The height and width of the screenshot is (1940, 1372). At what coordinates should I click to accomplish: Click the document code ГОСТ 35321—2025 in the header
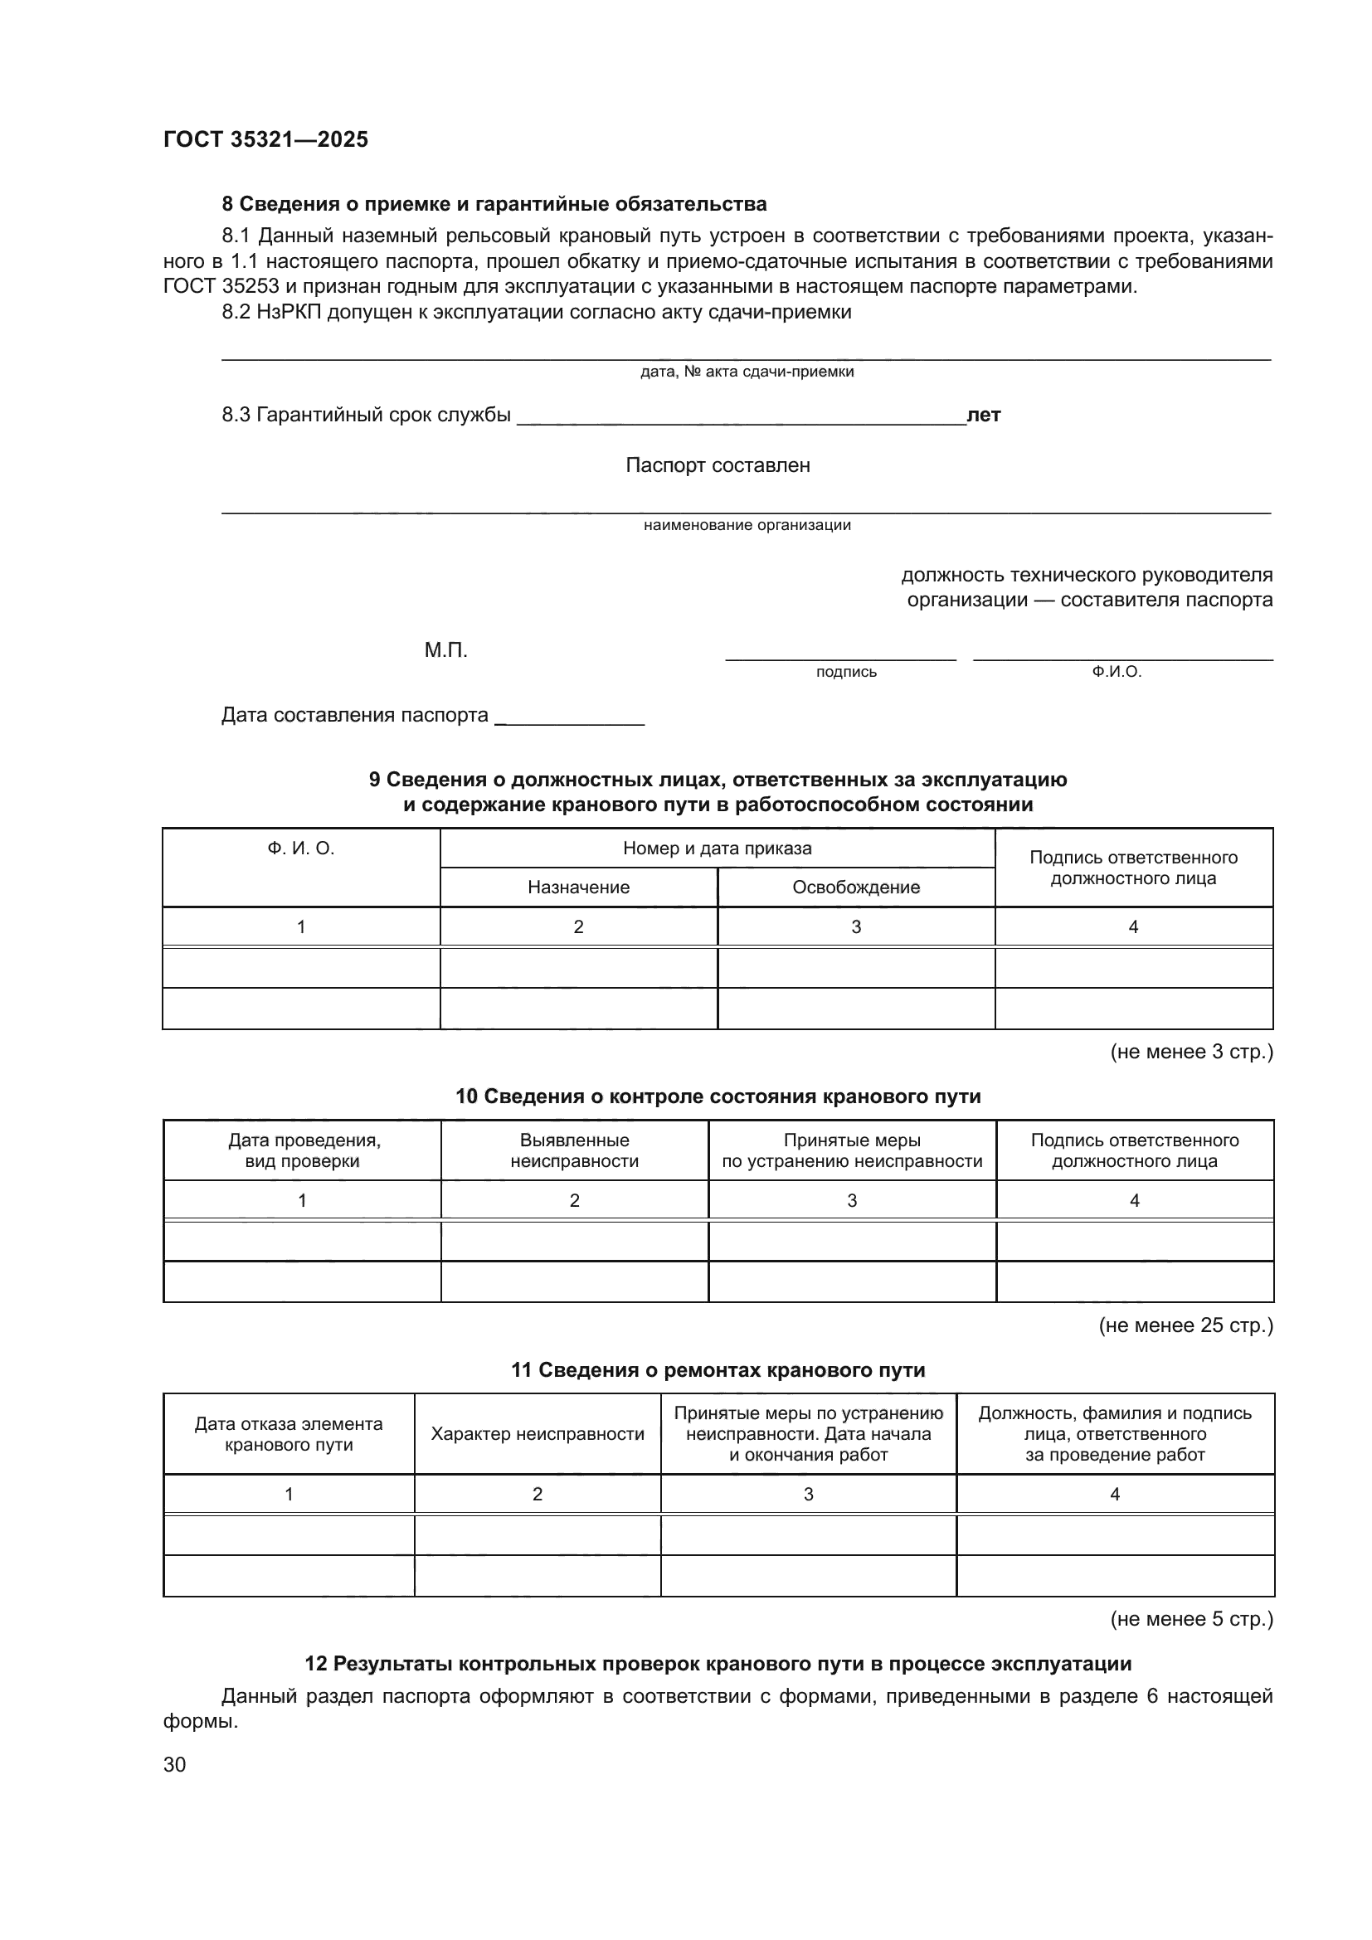coord(265,139)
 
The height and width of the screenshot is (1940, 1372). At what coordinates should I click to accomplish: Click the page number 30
coord(174,1764)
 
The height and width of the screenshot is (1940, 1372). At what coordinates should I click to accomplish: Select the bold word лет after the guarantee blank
coord(984,415)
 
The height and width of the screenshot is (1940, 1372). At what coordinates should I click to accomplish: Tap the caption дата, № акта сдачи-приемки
coord(747,372)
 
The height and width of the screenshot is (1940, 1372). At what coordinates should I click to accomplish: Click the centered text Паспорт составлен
coord(718,465)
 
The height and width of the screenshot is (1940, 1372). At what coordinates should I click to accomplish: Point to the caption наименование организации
coord(747,526)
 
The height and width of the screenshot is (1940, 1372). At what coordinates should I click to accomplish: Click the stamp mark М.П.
coord(445,650)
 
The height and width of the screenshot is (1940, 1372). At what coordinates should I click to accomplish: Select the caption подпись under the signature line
coord(845,673)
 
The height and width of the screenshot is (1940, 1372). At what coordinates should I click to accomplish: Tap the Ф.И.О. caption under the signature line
coord(1116,673)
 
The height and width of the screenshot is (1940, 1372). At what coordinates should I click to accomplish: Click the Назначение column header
coord(578,887)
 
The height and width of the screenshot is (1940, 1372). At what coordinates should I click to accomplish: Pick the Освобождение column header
coord(855,887)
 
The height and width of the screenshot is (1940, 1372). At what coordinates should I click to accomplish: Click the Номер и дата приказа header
coord(717,848)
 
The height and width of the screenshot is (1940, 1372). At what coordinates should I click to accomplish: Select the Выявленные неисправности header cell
coord(574,1151)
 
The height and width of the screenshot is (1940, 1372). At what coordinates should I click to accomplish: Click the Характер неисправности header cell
coord(538,1434)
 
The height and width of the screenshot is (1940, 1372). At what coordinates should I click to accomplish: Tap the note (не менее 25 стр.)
coord(1185,1325)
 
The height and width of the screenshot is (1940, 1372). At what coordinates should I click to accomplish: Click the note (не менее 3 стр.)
coord(1190,1052)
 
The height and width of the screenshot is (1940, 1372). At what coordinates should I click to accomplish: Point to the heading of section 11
coord(718,1370)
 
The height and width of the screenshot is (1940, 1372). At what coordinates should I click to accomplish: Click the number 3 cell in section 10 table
coord(852,1201)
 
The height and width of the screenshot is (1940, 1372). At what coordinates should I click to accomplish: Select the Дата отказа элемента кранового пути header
coord(288,1434)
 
